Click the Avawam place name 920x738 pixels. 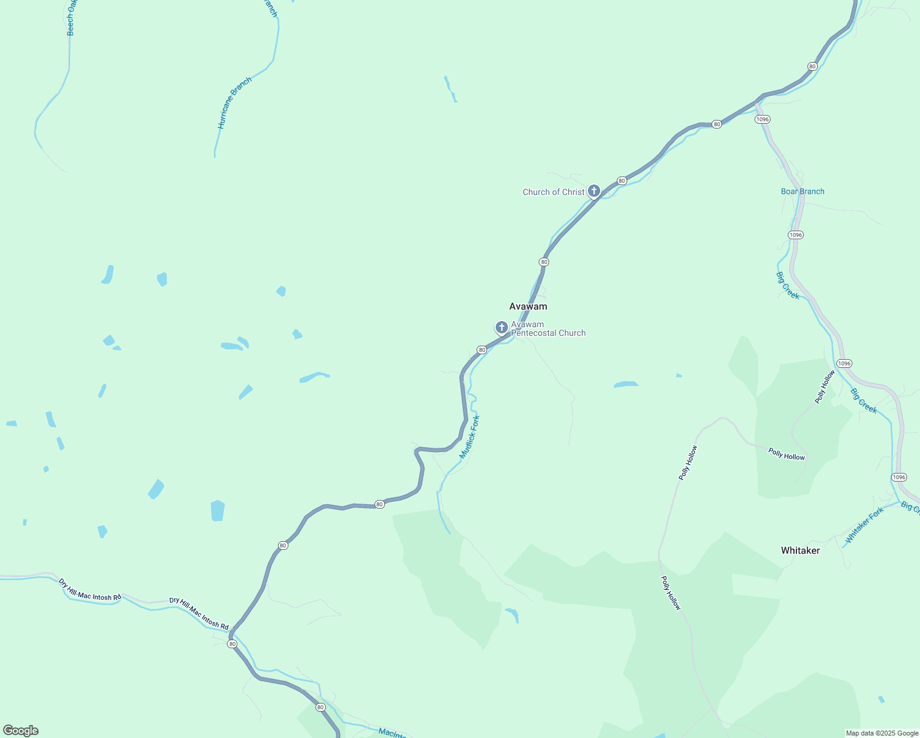(x=528, y=306)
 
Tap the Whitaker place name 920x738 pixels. (x=800, y=550)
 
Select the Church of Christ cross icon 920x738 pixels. (x=593, y=191)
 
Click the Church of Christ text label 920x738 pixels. (x=553, y=192)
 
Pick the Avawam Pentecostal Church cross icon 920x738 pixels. (x=502, y=327)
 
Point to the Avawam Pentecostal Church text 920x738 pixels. (x=548, y=329)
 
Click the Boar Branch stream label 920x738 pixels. (x=803, y=191)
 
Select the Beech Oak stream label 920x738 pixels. (x=71, y=17)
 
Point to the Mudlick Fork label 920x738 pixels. (x=470, y=437)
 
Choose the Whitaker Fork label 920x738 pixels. (x=864, y=525)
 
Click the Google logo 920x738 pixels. (x=20, y=731)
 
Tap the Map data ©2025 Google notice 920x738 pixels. (x=882, y=733)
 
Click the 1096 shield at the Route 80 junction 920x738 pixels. (x=763, y=119)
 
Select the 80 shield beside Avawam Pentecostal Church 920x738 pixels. (x=482, y=350)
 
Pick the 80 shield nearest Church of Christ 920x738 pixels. (x=622, y=181)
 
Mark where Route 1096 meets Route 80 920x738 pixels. (x=757, y=101)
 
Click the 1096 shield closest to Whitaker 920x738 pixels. (x=899, y=477)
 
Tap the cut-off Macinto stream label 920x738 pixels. (x=392, y=732)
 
